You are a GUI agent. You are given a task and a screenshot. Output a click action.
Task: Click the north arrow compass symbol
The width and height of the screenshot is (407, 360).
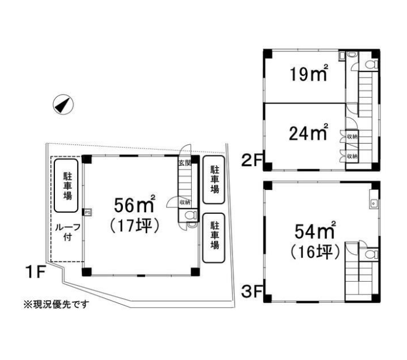[63, 105]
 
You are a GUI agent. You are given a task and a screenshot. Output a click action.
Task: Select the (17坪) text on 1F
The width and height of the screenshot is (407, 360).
[134, 226]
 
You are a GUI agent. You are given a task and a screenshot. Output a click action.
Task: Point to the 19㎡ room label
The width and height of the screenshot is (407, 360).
[309, 73]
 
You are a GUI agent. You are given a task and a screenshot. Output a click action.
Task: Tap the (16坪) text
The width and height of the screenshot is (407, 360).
[315, 251]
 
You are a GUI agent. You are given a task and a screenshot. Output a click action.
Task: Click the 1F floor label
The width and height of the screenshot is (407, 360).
[35, 271]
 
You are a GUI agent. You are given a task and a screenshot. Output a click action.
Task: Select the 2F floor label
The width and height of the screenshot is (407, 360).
[252, 160]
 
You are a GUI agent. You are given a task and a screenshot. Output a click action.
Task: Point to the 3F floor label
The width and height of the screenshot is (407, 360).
[252, 291]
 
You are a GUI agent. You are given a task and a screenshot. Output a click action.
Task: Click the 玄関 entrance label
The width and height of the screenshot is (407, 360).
[185, 163]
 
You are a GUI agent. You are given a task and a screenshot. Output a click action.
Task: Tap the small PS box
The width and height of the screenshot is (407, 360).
[88, 212]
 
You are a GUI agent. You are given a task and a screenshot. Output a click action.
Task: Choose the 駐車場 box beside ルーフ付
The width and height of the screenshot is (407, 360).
[66, 186]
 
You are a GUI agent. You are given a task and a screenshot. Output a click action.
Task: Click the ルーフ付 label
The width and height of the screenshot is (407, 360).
[67, 232]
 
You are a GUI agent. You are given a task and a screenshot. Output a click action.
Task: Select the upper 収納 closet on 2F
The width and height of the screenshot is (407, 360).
[352, 136]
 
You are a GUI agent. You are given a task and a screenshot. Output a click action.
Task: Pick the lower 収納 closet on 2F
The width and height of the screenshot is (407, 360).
[352, 156]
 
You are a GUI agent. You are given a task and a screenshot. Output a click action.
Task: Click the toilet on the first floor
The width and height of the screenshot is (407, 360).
[191, 215]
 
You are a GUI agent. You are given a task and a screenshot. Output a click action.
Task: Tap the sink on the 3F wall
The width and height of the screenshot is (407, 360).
[373, 203]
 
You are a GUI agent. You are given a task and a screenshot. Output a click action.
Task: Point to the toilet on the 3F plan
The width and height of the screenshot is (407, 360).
[371, 254]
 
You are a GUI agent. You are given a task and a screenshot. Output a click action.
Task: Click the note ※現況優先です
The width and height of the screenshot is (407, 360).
[56, 304]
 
